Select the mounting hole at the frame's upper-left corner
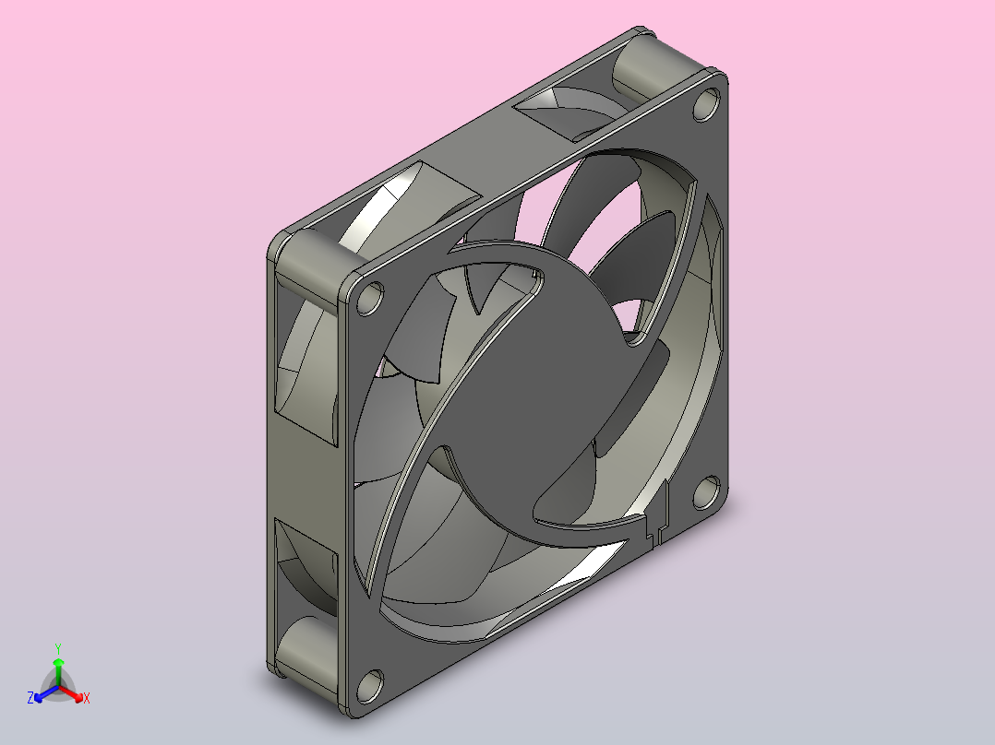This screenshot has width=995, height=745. pyautogui.click(x=370, y=299)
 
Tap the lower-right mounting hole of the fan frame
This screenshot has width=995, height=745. pyautogui.click(x=706, y=492)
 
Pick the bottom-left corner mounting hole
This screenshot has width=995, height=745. pyautogui.click(x=370, y=686)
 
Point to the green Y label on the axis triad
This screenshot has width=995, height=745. pyautogui.click(x=58, y=648)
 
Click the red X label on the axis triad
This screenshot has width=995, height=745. pyautogui.click(x=87, y=698)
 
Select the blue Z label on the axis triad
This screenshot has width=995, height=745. pyautogui.click(x=30, y=698)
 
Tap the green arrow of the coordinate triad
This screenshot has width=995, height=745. pyautogui.click(x=58, y=671)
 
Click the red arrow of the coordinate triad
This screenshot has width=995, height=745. pyautogui.click(x=70, y=692)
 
